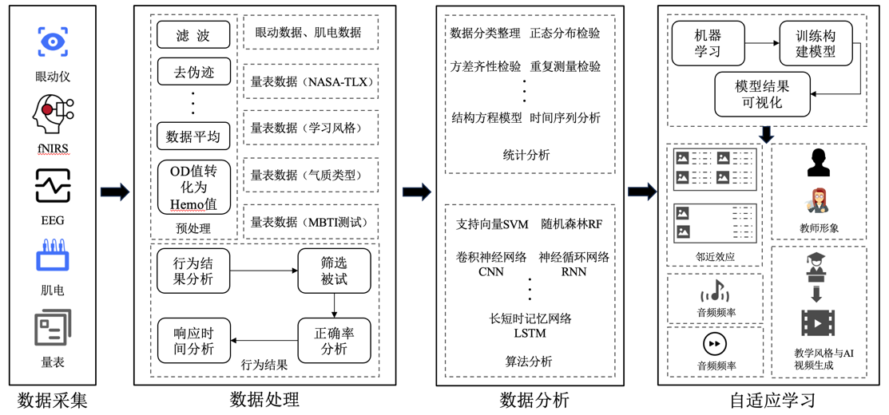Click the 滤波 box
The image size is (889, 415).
[x=193, y=35]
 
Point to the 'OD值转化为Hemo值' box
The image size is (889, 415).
[x=193, y=188]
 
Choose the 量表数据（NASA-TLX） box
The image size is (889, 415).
[x=311, y=81]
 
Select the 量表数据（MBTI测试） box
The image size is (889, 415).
[x=311, y=222]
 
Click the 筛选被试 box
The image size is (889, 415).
[x=335, y=271]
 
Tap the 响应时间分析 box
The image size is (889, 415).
[x=193, y=340]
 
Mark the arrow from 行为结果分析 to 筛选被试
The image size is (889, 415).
[x=264, y=271]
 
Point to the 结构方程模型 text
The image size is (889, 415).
[x=486, y=118]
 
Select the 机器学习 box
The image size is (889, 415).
[x=708, y=43]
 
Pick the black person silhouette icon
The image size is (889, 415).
[x=819, y=163]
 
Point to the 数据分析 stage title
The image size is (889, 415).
[x=534, y=401]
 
